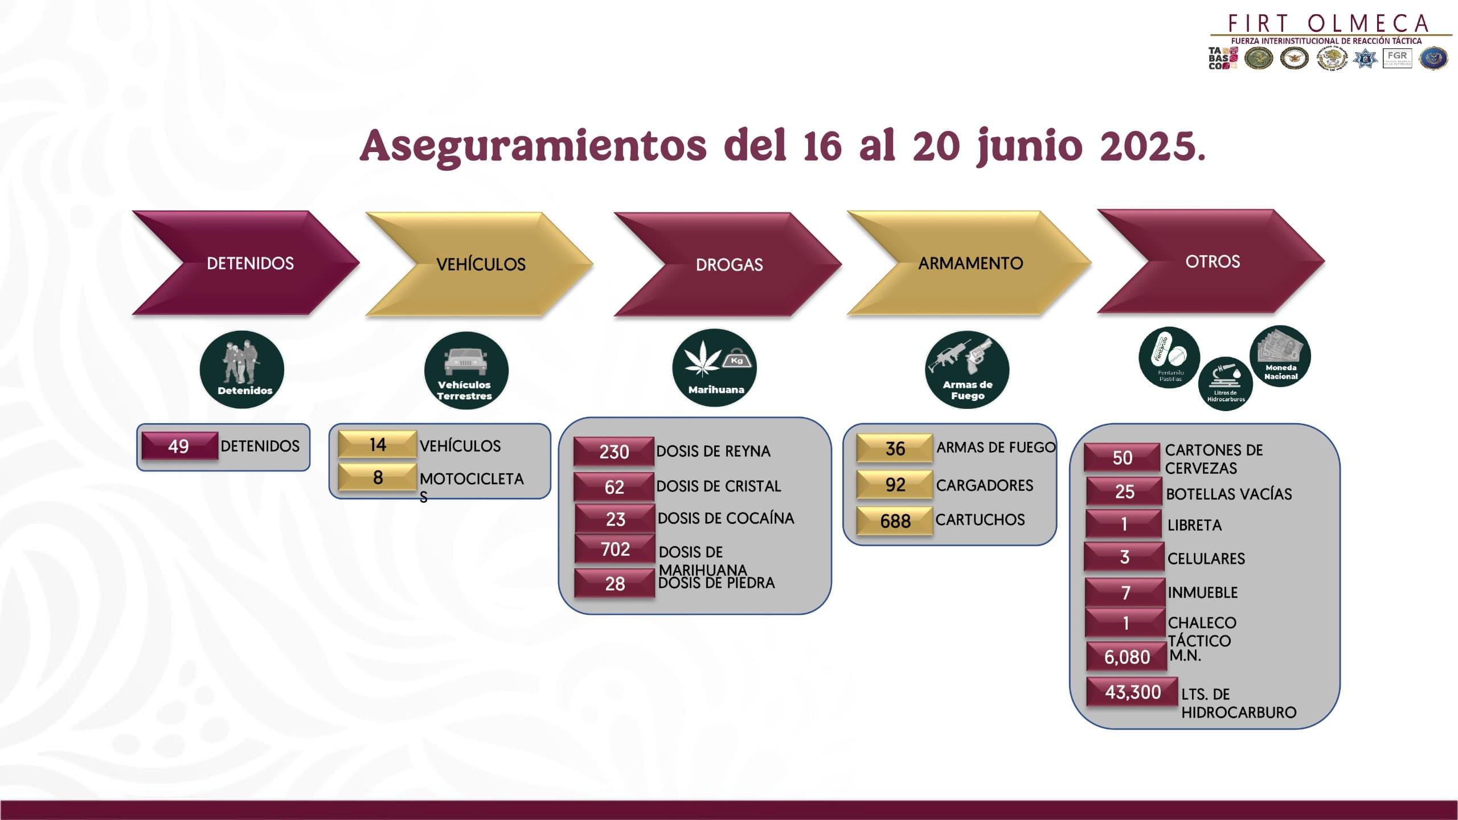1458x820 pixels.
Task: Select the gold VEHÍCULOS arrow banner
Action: (x=480, y=264)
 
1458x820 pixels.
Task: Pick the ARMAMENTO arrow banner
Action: (x=969, y=263)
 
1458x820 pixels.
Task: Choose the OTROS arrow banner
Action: (x=1211, y=261)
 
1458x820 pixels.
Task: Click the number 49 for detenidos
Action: (x=179, y=446)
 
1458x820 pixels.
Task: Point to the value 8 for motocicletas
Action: (x=378, y=477)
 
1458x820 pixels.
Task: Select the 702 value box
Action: (x=615, y=549)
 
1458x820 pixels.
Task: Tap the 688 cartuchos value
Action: (x=895, y=521)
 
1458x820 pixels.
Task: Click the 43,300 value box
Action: (x=1132, y=692)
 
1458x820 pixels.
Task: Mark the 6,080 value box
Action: (x=1127, y=657)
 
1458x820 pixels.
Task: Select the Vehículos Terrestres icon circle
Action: (x=466, y=370)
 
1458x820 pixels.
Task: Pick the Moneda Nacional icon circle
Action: (x=1280, y=356)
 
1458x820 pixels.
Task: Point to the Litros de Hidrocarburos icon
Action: (x=1226, y=383)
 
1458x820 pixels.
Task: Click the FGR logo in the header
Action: (x=1397, y=58)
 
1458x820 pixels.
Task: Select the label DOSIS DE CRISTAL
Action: (x=719, y=486)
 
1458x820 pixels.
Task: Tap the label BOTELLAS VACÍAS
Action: (x=1229, y=494)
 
